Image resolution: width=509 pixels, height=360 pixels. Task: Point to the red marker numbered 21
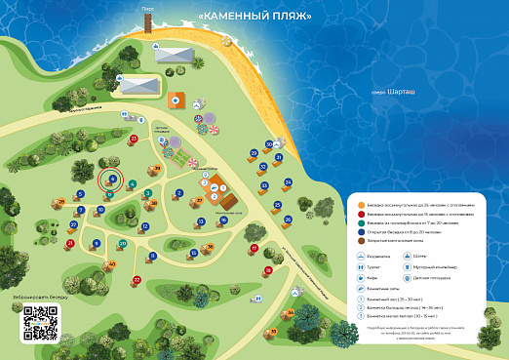point(69,243)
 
